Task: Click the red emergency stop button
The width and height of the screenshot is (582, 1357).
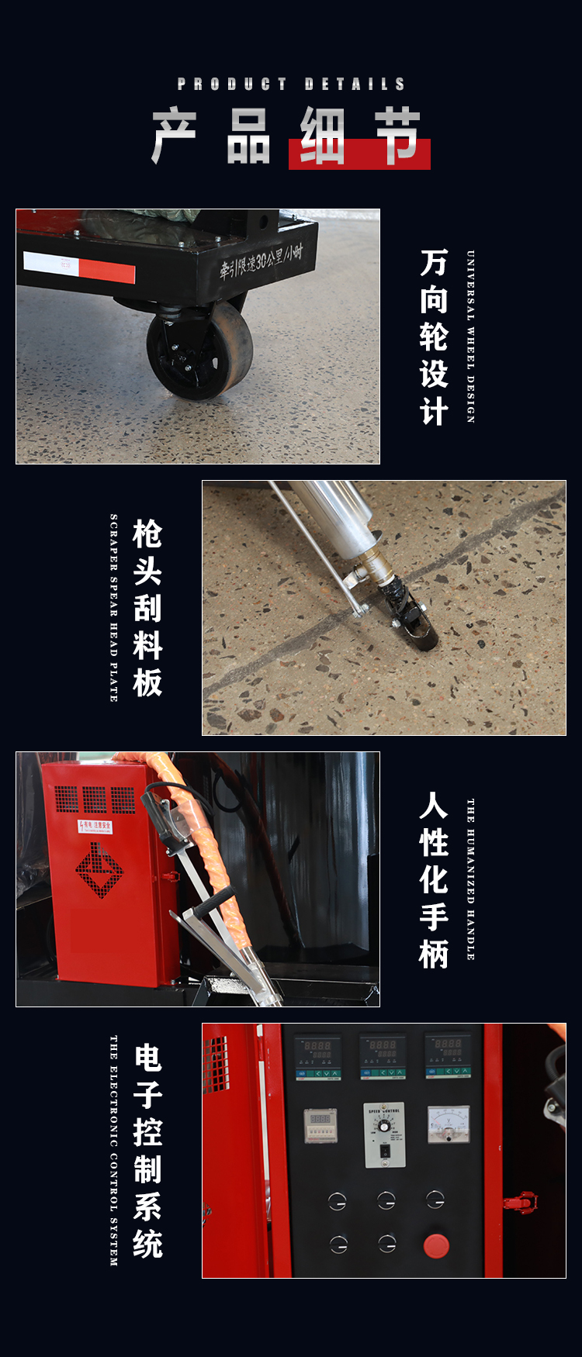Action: point(436,1246)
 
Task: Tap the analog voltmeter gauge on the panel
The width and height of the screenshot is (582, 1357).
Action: point(449,1124)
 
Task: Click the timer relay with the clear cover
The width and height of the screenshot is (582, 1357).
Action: point(320,1125)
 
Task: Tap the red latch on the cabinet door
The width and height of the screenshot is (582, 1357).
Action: point(520,1203)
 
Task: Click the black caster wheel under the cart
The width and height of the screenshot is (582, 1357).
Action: point(199,351)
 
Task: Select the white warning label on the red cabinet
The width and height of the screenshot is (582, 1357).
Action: point(95,827)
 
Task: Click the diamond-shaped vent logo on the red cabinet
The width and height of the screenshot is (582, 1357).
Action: point(99,870)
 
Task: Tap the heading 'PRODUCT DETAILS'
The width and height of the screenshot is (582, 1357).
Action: point(291,84)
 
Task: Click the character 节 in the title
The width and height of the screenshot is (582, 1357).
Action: point(398,137)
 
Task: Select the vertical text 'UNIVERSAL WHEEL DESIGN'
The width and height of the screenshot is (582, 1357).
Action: point(470,337)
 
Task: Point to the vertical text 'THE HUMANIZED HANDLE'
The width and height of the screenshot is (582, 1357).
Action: point(470,879)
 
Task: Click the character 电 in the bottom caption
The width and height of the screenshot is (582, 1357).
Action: point(147,1058)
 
